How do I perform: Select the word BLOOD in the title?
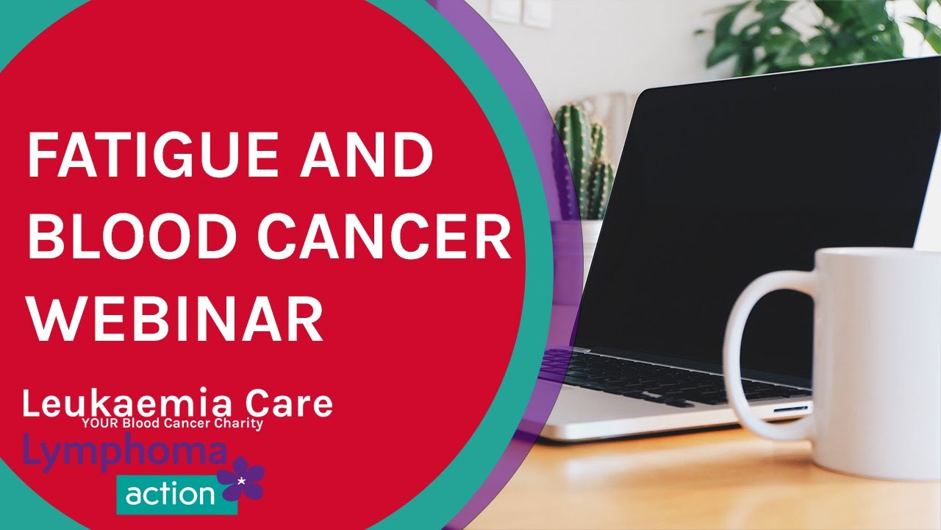click(x=125, y=239)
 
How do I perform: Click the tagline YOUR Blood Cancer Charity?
click(x=173, y=424)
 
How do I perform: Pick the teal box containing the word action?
click(x=176, y=494)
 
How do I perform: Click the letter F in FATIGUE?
click(x=43, y=157)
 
